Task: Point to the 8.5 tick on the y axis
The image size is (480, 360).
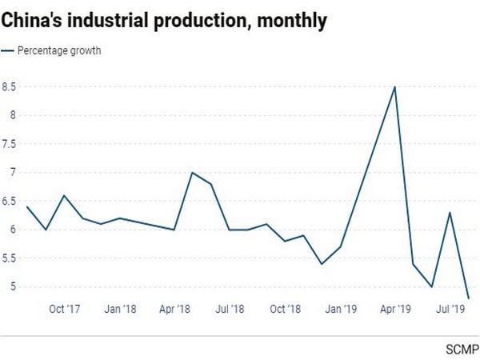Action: coord(9,86)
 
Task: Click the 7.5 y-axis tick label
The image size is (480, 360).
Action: coord(9,144)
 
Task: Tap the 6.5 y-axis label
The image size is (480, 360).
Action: coord(9,201)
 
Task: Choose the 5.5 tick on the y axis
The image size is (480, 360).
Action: coord(9,258)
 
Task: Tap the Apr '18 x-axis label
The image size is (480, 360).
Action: coord(174,308)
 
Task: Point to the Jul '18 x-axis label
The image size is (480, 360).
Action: coord(230,308)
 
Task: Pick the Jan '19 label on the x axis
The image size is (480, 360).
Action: coord(342,308)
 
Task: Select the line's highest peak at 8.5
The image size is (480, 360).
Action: coord(394,86)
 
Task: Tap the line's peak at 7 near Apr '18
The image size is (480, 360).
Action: coord(193,173)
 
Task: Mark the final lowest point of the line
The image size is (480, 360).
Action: coord(469,298)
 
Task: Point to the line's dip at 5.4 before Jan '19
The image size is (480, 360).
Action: coord(322,264)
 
